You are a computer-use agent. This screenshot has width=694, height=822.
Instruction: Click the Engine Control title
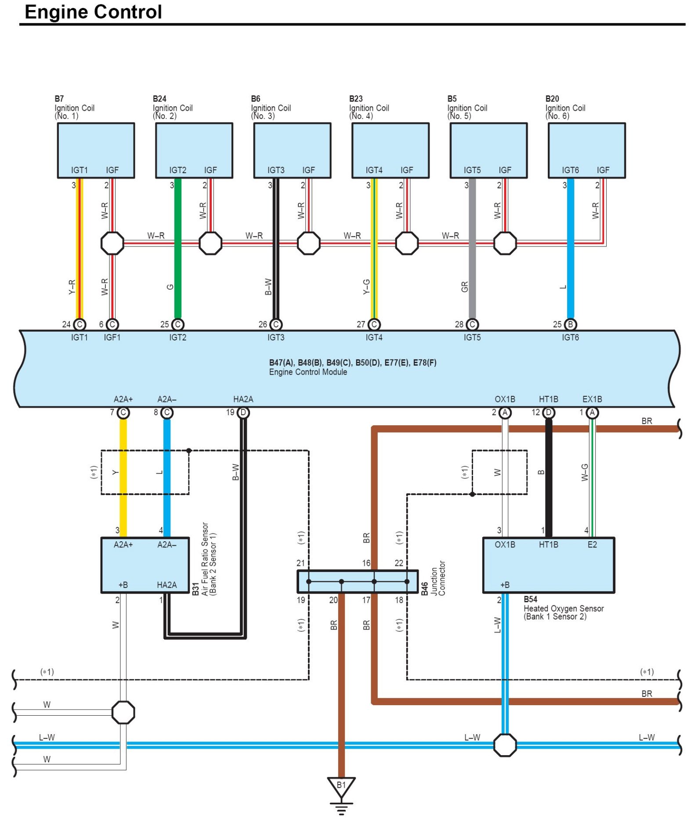point(93,12)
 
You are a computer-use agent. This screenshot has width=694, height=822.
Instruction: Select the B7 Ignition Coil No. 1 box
point(96,150)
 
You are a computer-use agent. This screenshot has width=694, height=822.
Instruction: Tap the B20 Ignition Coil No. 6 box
point(586,150)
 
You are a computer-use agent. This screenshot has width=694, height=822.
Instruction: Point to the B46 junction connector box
point(358,581)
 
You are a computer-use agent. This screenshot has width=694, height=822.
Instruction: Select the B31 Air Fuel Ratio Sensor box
point(145,565)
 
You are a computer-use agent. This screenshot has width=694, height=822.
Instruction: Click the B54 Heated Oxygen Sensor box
point(549,565)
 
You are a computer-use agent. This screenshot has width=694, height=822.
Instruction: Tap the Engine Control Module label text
point(308,372)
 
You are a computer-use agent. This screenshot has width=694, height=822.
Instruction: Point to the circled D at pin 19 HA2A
point(243,413)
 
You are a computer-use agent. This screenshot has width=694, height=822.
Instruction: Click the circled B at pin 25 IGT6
point(570,325)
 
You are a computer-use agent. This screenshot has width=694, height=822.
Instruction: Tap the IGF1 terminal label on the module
point(112,337)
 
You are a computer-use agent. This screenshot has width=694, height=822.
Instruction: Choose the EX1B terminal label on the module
point(592,399)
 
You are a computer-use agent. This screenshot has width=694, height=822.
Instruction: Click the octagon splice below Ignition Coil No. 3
point(309,243)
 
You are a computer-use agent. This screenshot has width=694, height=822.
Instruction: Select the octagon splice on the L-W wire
point(505,745)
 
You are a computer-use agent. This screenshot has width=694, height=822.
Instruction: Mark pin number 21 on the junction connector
point(300,563)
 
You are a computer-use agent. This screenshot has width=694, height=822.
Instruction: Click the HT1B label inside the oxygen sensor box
point(549,545)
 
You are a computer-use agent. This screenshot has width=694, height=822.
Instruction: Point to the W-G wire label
point(585,472)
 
